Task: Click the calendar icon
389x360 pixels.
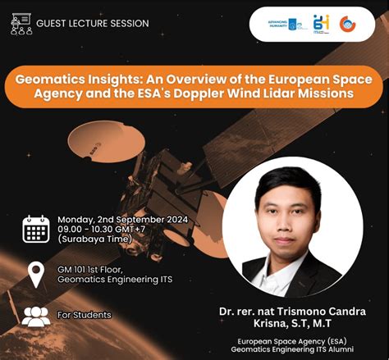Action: tap(35, 230)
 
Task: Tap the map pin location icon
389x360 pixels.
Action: tap(35, 274)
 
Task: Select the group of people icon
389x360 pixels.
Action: tap(35, 316)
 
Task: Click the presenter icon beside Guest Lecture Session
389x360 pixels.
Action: tap(21, 23)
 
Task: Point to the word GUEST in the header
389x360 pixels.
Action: tap(53, 24)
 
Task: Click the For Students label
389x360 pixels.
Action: tap(85, 315)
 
